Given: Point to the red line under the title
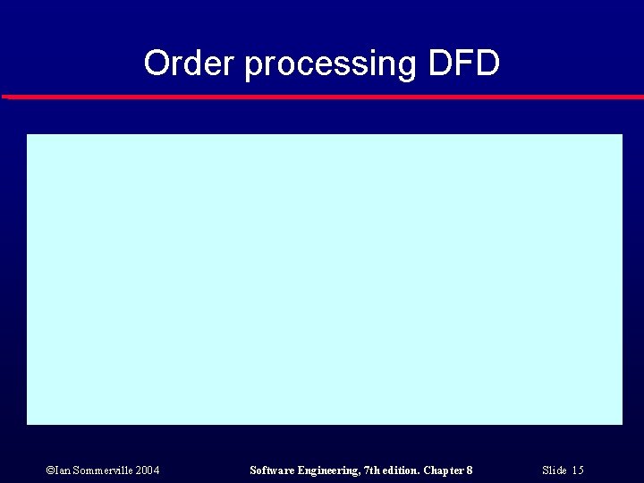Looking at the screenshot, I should (x=322, y=97).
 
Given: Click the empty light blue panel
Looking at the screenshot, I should (x=324, y=279).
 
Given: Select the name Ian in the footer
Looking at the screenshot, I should (x=60, y=470).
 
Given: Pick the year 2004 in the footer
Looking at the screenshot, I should (x=148, y=470).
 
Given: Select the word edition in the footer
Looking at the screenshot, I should (x=403, y=470).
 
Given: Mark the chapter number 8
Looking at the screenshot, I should (x=470, y=470).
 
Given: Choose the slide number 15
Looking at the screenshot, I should (x=578, y=470).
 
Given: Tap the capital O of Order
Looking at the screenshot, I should (x=156, y=64).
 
